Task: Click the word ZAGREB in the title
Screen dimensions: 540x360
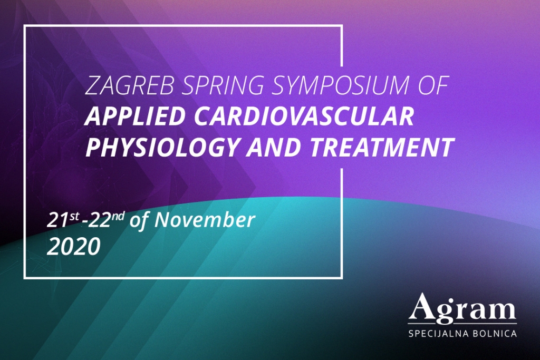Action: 129,85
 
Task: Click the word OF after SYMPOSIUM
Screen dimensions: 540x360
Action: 434,85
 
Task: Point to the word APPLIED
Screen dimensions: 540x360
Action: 136,116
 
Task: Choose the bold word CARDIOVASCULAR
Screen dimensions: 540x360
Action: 304,116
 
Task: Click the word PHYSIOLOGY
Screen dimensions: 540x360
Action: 161,147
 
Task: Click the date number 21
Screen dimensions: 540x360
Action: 58,220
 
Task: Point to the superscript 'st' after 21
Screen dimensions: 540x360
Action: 74,217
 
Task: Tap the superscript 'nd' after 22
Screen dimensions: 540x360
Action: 118,217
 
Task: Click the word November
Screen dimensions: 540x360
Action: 205,220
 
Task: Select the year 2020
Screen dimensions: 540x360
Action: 73,247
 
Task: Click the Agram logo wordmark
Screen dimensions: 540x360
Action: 462,309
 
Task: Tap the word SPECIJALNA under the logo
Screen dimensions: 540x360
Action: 438,334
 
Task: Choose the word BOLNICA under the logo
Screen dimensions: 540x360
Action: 495,334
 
